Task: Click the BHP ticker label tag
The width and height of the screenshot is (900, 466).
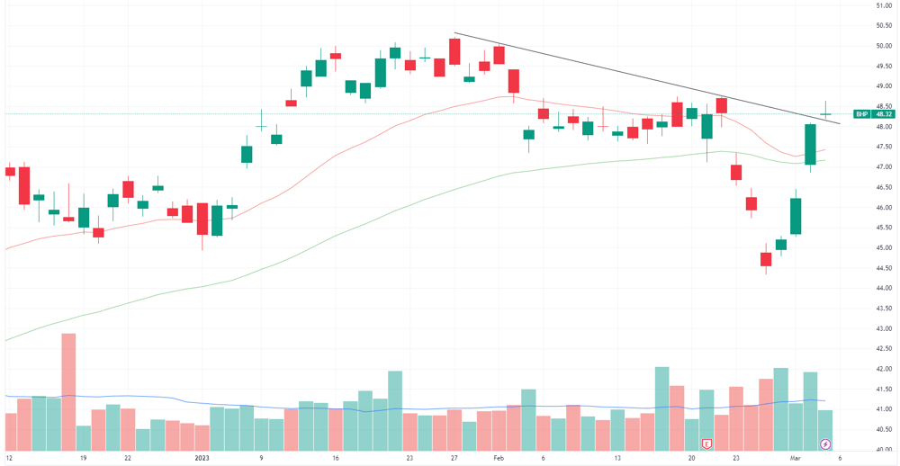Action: tap(861, 113)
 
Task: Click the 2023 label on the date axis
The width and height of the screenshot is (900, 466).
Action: tap(202, 458)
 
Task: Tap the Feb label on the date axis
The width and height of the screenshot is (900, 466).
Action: tap(498, 458)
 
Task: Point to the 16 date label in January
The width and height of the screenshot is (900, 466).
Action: tap(336, 458)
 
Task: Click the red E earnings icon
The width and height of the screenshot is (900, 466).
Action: tap(707, 444)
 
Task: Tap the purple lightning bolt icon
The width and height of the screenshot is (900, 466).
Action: tap(825, 444)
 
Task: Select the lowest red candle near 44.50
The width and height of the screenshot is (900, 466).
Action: tap(766, 258)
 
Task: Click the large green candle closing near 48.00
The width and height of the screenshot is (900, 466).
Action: tap(811, 145)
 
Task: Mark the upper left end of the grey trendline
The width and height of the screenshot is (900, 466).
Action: tap(454, 33)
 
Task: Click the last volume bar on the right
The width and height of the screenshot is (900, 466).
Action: tap(824, 430)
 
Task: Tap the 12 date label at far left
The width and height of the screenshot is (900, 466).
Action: tap(7, 458)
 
